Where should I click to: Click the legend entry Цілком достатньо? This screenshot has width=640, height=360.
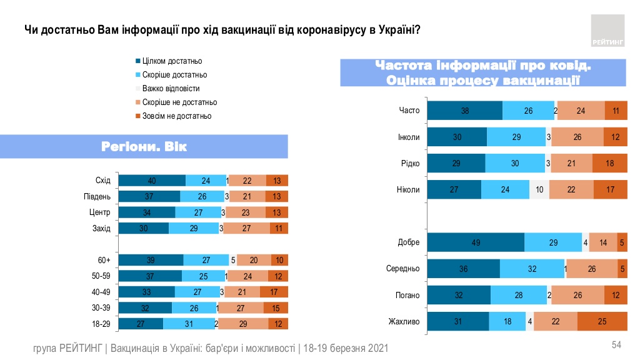click(x=172, y=61)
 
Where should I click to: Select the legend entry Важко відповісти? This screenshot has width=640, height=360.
click(x=171, y=89)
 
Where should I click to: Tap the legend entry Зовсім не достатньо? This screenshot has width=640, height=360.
click(x=176, y=116)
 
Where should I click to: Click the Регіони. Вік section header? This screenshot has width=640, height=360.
click(x=144, y=147)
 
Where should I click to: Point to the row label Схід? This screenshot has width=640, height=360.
click(x=103, y=181)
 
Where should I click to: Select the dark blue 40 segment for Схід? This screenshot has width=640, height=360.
click(x=152, y=181)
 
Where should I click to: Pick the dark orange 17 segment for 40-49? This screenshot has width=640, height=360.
click(x=274, y=292)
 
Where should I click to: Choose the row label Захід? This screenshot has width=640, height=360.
click(x=101, y=228)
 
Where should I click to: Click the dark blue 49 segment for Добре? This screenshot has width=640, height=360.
click(x=475, y=242)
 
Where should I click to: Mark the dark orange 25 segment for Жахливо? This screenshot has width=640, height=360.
click(x=602, y=322)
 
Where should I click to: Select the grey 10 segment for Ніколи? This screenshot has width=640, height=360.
click(x=540, y=190)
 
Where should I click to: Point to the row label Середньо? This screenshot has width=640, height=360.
click(x=403, y=269)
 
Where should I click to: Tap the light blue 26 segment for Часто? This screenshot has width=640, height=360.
click(x=528, y=111)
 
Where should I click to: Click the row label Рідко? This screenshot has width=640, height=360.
click(x=409, y=164)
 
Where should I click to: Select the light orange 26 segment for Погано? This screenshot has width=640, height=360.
click(x=577, y=296)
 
